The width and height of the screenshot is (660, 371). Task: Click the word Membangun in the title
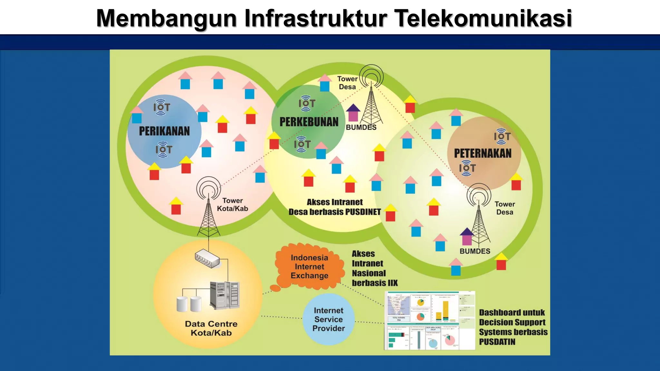pos(166,19)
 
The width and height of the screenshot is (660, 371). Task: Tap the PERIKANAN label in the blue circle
pos(164,131)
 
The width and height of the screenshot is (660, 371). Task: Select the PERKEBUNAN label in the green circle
pos(309,122)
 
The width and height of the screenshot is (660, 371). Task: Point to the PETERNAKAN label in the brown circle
pos(482,153)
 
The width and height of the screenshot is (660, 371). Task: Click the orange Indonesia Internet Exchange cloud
pos(309,267)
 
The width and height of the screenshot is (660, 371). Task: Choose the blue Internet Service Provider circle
pos(329,319)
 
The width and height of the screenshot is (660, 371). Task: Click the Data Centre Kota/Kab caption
pos(211,328)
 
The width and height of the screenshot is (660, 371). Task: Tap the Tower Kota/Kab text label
pos(232,205)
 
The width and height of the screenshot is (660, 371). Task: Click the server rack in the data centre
pos(225,295)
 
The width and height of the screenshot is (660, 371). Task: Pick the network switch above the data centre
pos(207,258)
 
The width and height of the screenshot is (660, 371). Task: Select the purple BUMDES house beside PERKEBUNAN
pos(353,112)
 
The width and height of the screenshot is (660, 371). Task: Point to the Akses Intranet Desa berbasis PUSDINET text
pos(335,207)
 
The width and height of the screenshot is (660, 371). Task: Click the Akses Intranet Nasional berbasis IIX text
pos(374,268)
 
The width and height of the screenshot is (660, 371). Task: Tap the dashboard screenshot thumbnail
pos(430,320)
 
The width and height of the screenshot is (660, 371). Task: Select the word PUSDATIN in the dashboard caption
pos(497,342)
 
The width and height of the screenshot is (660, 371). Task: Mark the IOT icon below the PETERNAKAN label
pos(467,168)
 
